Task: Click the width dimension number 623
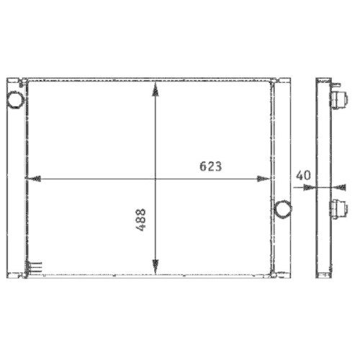click(210, 166)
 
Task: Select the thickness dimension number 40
click(302, 175)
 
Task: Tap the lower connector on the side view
click(336, 209)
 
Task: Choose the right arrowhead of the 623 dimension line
click(267, 178)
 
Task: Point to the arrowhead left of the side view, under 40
click(310, 187)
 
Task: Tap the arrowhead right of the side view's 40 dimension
click(333, 187)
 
